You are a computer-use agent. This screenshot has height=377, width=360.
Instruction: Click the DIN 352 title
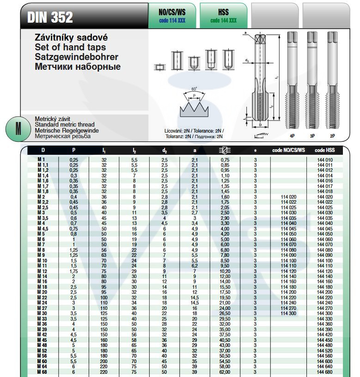click(x=50, y=18)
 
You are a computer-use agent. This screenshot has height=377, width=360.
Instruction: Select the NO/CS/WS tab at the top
click(x=171, y=15)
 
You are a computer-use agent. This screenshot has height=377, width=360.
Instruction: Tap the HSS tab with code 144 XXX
click(x=223, y=15)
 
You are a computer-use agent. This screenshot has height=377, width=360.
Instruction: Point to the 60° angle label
click(x=194, y=88)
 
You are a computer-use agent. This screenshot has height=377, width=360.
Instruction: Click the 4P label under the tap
click(x=292, y=137)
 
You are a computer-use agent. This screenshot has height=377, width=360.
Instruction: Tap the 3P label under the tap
click(x=312, y=137)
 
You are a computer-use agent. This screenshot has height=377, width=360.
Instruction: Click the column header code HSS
click(x=325, y=150)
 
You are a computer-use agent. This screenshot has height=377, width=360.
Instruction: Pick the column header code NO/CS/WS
click(x=288, y=150)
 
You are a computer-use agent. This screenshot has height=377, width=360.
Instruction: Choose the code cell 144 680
click(x=325, y=372)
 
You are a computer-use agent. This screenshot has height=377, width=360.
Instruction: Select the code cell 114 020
click(x=288, y=197)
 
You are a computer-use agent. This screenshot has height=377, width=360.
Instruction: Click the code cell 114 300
click(x=288, y=313)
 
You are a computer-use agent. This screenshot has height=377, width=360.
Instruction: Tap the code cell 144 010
click(x=325, y=159)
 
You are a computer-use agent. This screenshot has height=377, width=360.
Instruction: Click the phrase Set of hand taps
click(x=70, y=47)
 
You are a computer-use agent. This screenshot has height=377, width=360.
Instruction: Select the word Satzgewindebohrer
click(x=77, y=57)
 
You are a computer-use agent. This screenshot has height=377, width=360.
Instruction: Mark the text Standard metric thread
click(x=65, y=125)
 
